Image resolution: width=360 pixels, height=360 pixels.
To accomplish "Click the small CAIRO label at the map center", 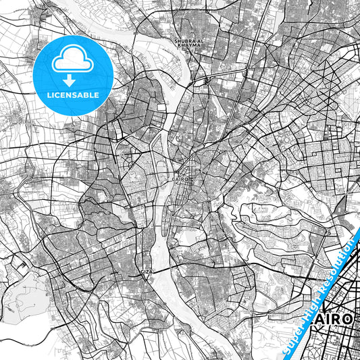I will (x=179, y=180).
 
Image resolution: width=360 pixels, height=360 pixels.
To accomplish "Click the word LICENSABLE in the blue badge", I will (x=73, y=95).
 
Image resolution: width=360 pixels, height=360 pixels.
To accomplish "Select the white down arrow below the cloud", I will (x=73, y=79).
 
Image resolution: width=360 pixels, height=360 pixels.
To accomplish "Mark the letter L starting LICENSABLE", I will (x=49, y=95).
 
